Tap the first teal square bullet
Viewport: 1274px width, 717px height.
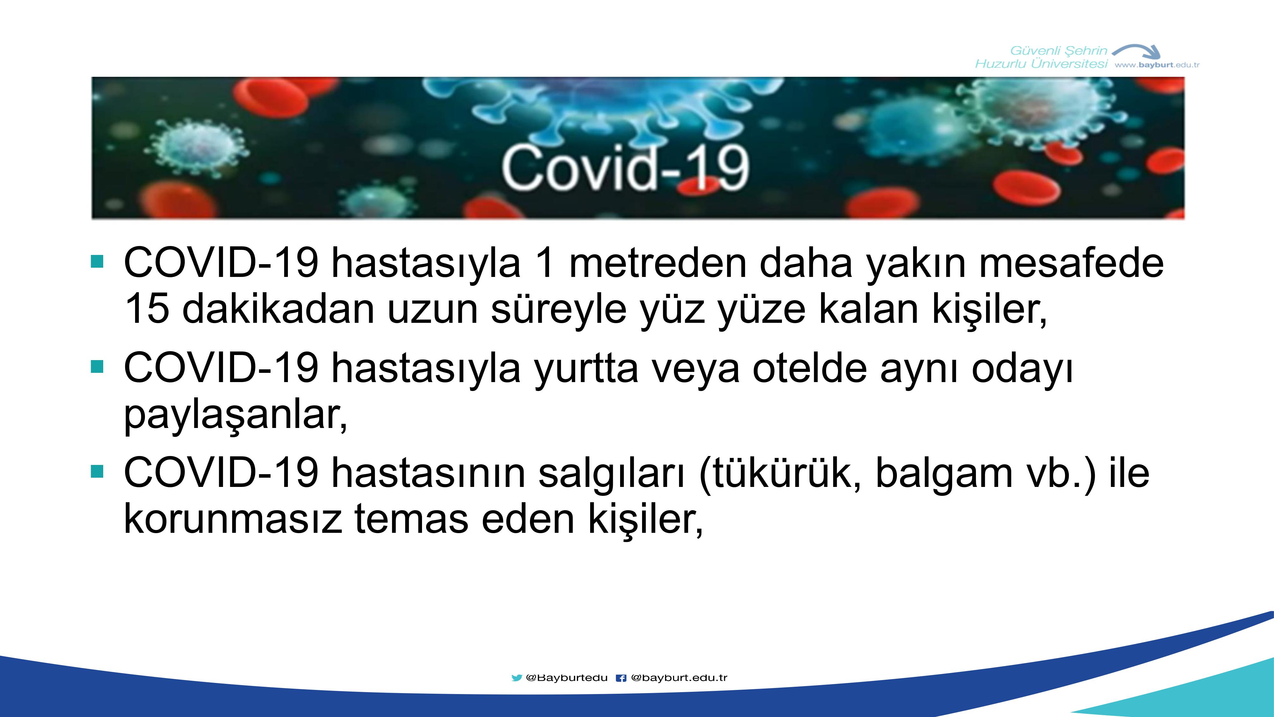pos(97,261)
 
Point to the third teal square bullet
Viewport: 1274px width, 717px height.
pos(97,472)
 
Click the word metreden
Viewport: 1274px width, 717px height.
pos(658,263)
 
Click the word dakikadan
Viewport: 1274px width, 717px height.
pos(278,308)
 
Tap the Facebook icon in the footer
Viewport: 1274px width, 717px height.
pos(621,678)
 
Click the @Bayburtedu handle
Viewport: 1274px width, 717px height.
pos(567,678)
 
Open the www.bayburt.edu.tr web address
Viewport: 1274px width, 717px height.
pos(1157,65)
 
